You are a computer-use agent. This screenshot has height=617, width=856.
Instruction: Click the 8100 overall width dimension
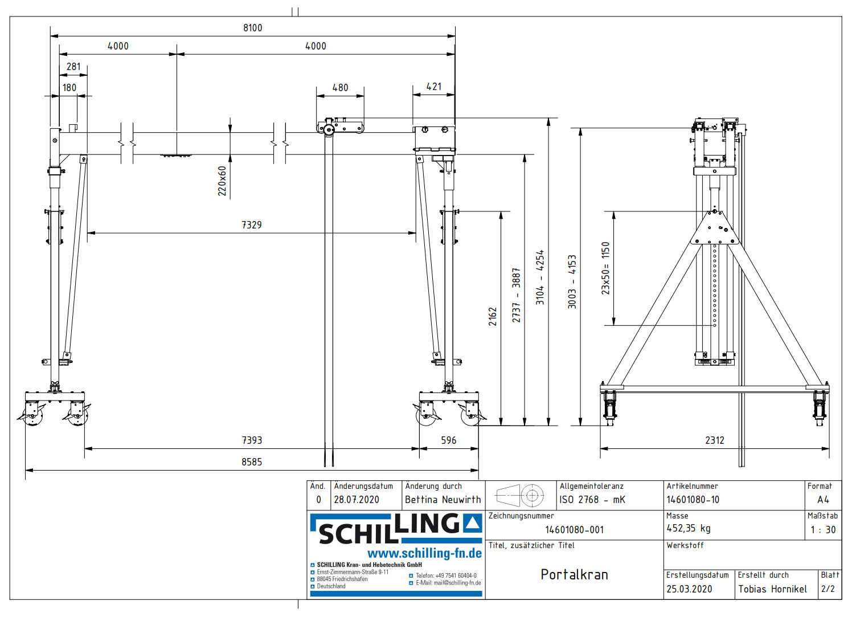(252, 28)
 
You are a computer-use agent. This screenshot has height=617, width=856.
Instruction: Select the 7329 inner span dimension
(251, 225)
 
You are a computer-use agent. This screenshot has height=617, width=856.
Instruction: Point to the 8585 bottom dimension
(252, 462)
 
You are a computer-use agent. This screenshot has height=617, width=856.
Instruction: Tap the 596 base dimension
(448, 440)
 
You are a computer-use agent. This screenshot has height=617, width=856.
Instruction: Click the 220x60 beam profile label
(222, 181)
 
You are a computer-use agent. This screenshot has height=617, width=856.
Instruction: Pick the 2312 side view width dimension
(714, 440)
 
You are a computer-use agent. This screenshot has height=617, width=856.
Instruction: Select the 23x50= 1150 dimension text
(605, 268)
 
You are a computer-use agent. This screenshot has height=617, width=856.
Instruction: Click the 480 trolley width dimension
(340, 88)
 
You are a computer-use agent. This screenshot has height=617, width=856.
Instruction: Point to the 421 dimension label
(434, 87)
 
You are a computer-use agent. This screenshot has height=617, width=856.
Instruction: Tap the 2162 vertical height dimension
(493, 317)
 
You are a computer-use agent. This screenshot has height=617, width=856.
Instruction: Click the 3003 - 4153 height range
(572, 282)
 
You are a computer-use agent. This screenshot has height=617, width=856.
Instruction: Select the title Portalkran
(574, 574)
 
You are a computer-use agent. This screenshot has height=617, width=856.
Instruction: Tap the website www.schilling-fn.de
(424, 554)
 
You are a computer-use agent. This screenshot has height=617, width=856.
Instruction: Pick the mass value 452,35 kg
(689, 529)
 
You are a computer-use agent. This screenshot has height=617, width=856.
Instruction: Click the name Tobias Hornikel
(772, 589)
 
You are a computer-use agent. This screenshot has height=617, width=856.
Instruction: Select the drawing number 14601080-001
(574, 530)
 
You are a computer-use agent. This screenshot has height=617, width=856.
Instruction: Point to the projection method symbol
(521, 496)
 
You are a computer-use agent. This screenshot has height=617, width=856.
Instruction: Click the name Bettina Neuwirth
(443, 500)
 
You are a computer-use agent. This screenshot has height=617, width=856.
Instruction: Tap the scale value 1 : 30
(823, 530)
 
